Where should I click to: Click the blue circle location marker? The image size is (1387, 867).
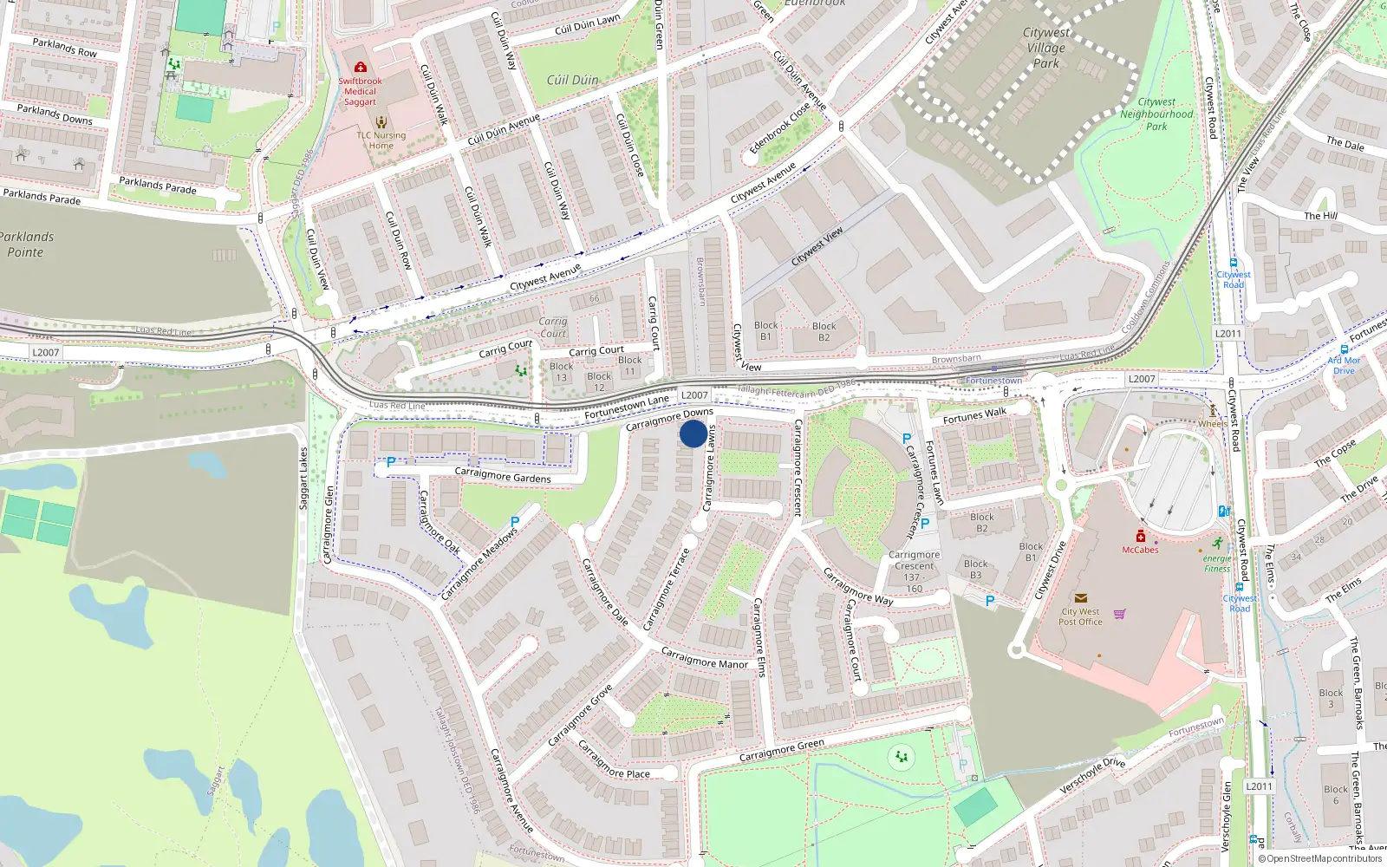click(693, 433)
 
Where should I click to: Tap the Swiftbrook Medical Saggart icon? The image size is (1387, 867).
click(360, 67)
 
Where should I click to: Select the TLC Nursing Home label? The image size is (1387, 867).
click(381, 140)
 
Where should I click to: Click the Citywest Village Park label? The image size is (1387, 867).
click(1046, 48)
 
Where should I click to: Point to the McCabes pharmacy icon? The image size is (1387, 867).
click(1140, 536)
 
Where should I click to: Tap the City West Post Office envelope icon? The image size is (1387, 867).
click(1080, 598)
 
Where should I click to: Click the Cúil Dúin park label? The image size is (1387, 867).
click(572, 80)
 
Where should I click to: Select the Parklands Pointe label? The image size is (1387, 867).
click(26, 244)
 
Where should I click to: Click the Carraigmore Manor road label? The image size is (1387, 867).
click(704, 658)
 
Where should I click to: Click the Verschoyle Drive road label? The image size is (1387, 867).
click(1092, 774)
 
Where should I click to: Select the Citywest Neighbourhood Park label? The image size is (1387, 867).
click(1156, 114)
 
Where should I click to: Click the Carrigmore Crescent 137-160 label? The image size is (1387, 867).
click(914, 571)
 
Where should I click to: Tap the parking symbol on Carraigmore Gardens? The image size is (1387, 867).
click(391, 463)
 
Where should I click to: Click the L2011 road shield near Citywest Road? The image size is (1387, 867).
click(1227, 334)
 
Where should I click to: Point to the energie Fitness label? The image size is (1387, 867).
click(1217, 564)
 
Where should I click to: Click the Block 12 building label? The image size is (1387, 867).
click(599, 381)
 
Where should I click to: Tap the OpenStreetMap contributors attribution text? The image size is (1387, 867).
click(1319, 858)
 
